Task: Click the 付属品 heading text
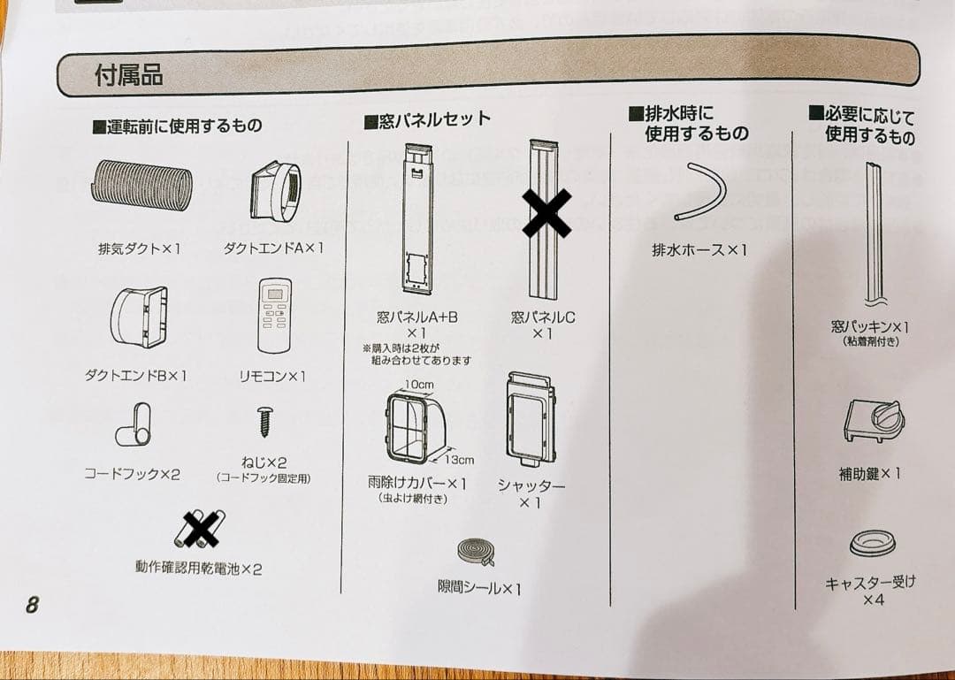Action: [129, 75]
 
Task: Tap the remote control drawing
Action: [275, 316]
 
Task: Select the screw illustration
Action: [264, 422]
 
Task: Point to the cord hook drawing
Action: [134, 424]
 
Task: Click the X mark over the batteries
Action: [202, 529]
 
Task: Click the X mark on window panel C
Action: [547, 213]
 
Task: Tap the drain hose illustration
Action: [700, 191]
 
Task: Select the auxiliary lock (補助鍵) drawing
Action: [874, 421]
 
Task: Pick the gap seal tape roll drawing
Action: [477, 552]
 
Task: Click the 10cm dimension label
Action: [419, 385]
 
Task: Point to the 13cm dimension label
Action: [458, 460]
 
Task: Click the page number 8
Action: [32, 605]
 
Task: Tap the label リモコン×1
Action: [272, 377]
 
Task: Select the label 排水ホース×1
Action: [699, 250]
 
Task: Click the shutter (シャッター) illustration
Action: [530, 420]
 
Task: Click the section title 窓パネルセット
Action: [427, 119]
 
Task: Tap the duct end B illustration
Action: [139, 317]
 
